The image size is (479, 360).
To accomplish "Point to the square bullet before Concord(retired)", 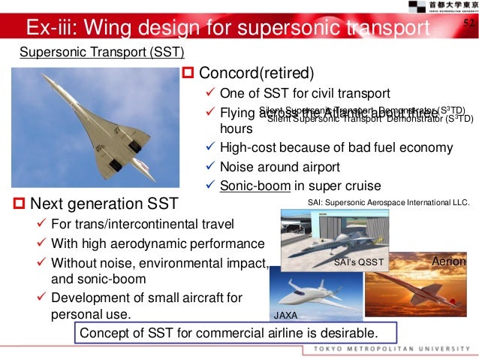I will pos(189,74).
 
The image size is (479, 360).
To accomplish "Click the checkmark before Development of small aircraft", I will pos(43,295).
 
